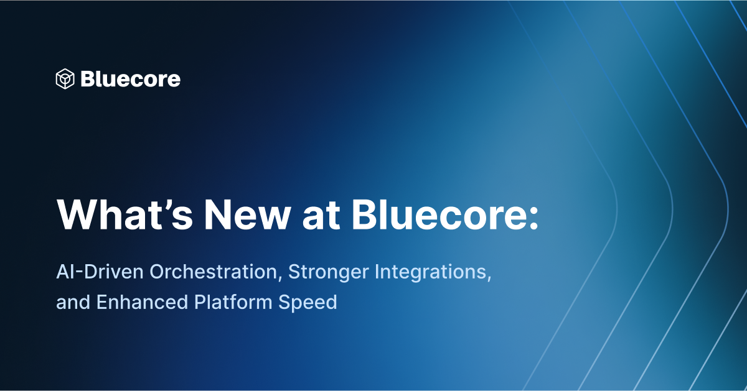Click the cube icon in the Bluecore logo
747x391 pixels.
(65, 79)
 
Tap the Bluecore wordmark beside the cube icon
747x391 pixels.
(130, 79)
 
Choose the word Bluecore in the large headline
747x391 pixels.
(435, 215)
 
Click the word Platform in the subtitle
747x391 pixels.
(233, 303)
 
